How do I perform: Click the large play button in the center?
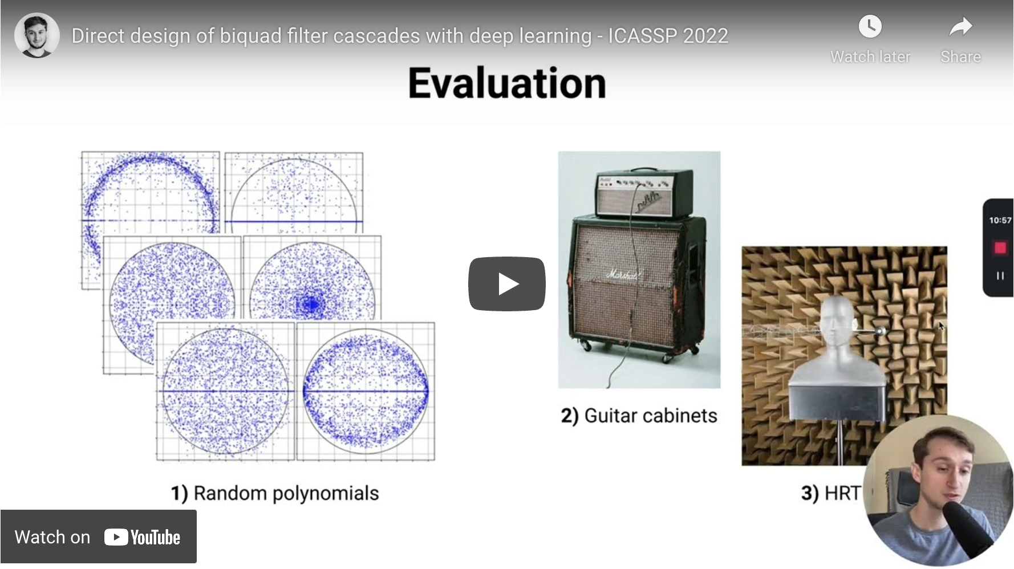point(507,283)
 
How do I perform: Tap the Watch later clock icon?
point(870,26)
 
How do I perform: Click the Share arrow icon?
point(961,26)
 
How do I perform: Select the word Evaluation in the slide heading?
point(507,83)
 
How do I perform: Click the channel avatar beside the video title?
point(37,35)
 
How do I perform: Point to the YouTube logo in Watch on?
point(142,537)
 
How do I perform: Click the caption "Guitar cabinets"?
point(651,416)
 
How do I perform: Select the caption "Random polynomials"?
point(286,493)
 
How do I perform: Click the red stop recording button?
point(1000,248)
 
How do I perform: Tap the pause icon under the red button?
point(1000,276)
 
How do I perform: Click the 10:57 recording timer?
point(1000,220)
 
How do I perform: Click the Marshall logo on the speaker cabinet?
point(623,275)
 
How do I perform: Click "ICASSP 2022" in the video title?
point(668,36)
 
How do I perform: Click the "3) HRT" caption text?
point(831,493)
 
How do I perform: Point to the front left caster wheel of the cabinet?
point(585,345)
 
